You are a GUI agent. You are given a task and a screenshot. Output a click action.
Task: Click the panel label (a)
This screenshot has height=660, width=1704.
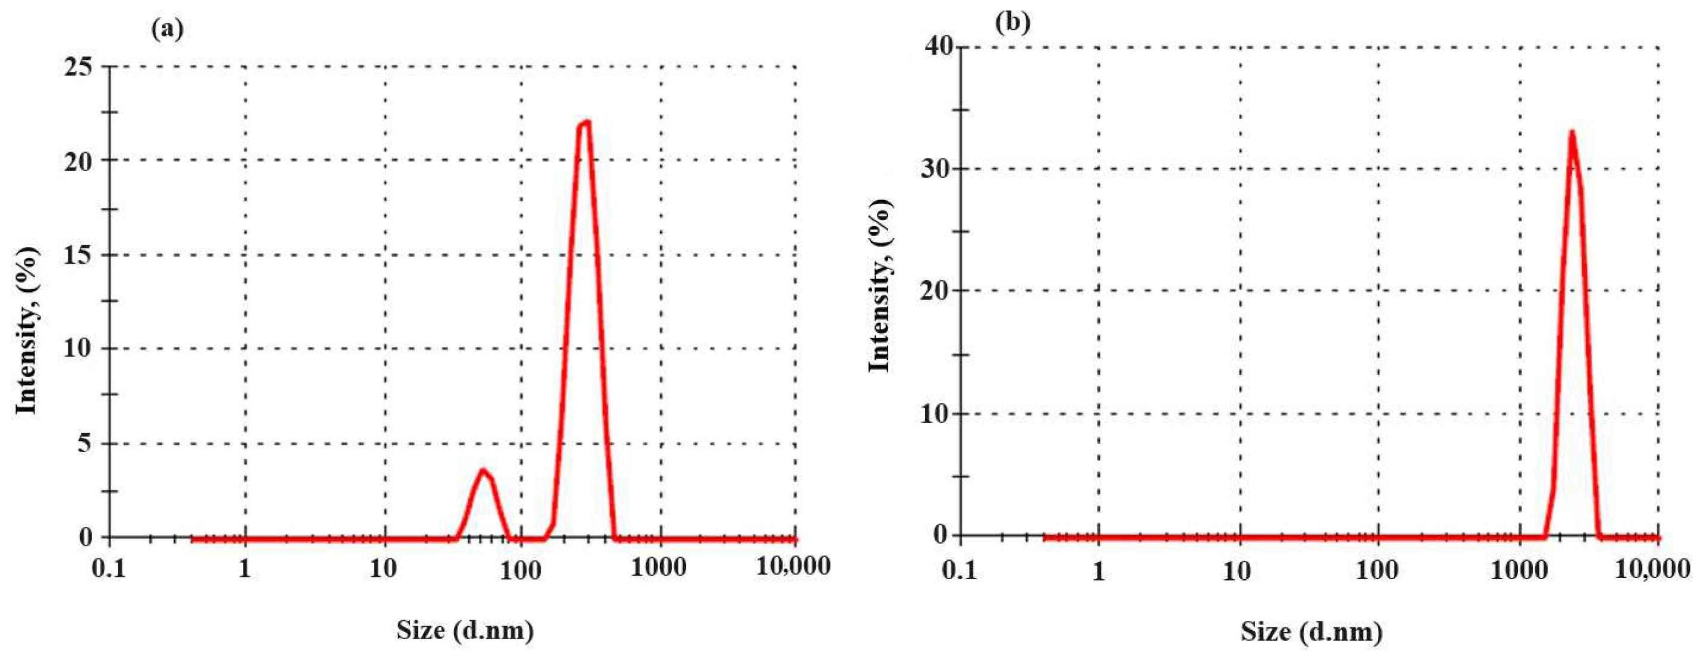pos(167,30)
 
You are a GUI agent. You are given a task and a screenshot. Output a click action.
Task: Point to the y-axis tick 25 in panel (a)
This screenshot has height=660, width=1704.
pos(78,67)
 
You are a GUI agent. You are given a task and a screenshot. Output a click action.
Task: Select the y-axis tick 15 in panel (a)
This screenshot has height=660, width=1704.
pos(78,255)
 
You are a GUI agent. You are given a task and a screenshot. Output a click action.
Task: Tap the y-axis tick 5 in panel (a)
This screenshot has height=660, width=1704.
pos(84,443)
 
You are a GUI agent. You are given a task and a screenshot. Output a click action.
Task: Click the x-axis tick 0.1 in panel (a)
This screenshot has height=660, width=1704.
pos(109,568)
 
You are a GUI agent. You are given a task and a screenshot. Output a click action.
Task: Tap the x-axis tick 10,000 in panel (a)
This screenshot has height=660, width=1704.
pos(793,567)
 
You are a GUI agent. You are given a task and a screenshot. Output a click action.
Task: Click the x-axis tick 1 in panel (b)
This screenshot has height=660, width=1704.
pos(1099,571)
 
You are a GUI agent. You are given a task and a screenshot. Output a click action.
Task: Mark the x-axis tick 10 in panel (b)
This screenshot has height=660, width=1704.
pos(1236,571)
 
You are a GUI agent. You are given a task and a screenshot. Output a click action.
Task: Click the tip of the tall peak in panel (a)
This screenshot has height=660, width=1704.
pos(586,122)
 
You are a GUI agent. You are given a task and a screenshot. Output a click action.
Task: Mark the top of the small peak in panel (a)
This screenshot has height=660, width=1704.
pos(484,470)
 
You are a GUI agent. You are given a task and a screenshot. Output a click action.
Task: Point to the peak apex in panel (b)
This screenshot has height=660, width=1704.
pos(1571,132)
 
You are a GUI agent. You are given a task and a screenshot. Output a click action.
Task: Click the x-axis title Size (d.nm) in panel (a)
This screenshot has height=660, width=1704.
pos(465,630)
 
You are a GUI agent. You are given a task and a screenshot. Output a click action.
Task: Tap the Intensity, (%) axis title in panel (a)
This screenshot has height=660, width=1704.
pos(27,331)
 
